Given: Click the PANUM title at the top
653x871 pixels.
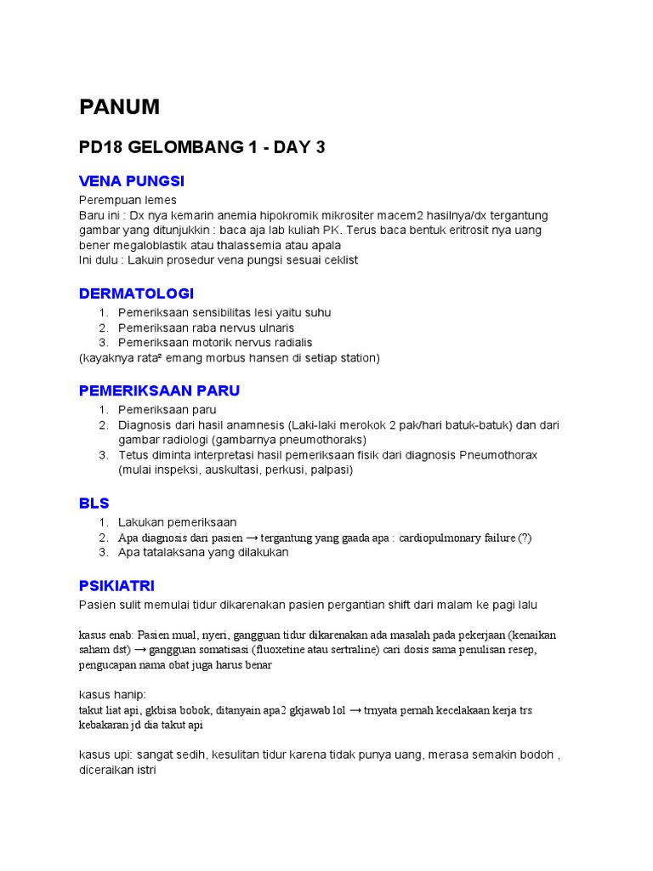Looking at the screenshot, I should [119, 107].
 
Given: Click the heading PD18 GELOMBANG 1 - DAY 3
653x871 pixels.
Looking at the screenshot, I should [202, 148].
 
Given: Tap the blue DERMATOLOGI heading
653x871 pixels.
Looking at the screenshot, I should [136, 293].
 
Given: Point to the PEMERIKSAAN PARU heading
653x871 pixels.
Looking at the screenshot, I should [159, 390].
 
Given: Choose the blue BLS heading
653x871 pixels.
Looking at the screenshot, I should [94, 503].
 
